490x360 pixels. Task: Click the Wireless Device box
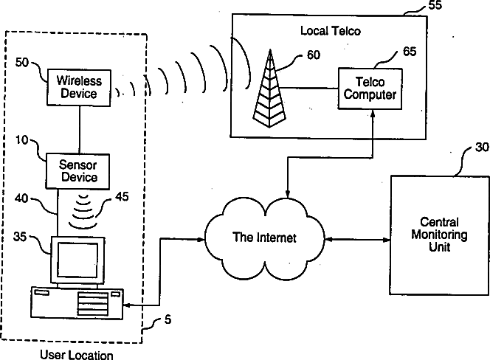coord(79,88)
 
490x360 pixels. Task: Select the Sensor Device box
coord(77,171)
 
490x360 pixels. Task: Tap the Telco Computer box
coord(370,89)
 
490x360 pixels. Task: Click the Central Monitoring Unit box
coord(439,235)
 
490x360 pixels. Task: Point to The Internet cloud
coord(264,238)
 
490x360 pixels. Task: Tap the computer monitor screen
coord(77,260)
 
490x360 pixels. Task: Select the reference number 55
coord(435,5)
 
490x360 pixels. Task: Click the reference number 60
coord(314,55)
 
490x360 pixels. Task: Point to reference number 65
coord(410,51)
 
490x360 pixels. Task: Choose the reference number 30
coord(482,148)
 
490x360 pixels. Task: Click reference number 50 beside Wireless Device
coord(22,63)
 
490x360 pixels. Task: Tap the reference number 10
coord(21,139)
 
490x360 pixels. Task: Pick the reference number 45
coord(122,196)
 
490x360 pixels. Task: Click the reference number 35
coord(20,237)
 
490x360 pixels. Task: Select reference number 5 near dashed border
coord(168,319)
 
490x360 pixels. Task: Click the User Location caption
coord(77,355)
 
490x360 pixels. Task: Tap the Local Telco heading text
coord(331,31)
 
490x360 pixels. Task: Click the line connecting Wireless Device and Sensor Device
coord(80,130)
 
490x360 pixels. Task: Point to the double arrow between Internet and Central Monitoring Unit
coord(357,240)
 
